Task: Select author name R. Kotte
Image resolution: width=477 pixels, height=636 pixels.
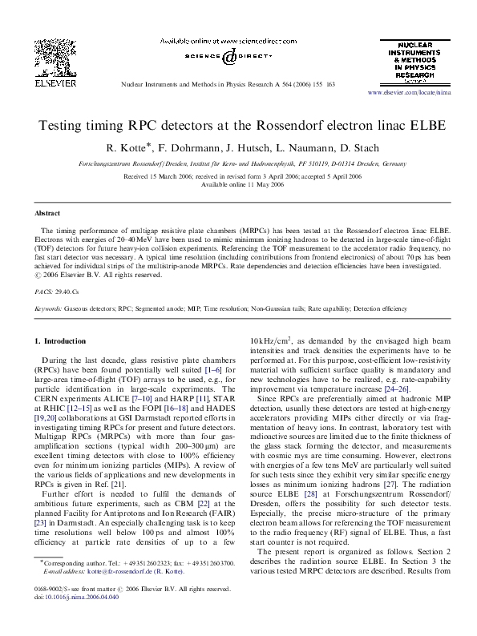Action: [132, 147]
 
